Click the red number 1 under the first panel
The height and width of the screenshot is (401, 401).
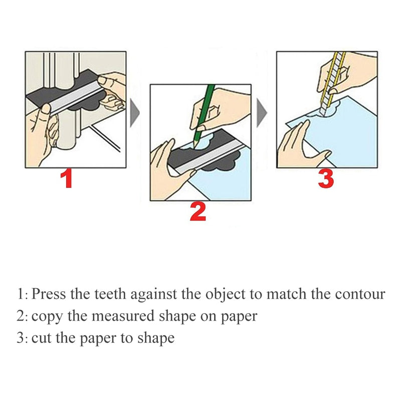(x=66, y=179)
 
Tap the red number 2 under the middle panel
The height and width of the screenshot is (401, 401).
(x=197, y=212)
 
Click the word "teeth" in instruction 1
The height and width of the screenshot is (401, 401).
(x=110, y=293)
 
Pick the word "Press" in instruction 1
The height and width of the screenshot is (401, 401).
(x=49, y=293)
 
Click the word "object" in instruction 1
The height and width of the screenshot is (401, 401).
(x=228, y=294)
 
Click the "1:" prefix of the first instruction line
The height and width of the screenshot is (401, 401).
(x=23, y=293)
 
